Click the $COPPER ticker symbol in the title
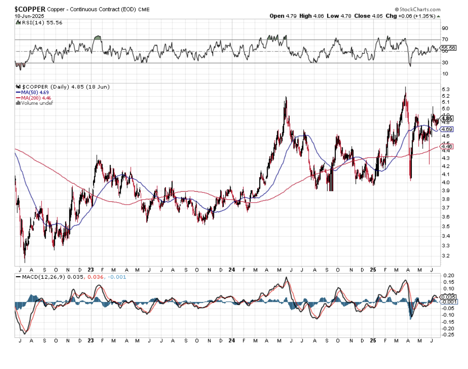click(x=29, y=9)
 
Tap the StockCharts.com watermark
click(x=418, y=9)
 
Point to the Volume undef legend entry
click(x=36, y=103)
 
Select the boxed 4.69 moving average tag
click(x=447, y=129)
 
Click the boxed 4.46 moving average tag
click(x=447, y=147)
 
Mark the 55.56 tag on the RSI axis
click(x=447, y=48)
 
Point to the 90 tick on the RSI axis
click(x=444, y=28)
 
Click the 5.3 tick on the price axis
click(x=444, y=90)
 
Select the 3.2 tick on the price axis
click(x=444, y=256)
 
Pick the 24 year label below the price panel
click(x=231, y=269)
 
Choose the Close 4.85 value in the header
click(x=367, y=16)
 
